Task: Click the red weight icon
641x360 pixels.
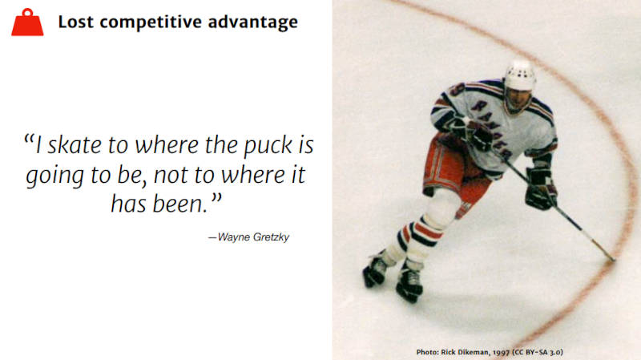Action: [x=27, y=22]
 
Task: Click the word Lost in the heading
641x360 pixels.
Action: [x=76, y=22]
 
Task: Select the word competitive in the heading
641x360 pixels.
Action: [x=151, y=23]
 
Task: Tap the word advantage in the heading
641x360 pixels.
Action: [x=252, y=23]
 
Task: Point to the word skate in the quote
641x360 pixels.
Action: [x=75, y=145]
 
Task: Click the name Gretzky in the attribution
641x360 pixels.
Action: [x=271, y=237]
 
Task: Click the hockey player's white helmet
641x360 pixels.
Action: [x=519, y=75]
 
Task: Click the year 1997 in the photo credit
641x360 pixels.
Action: [x=502, y=352]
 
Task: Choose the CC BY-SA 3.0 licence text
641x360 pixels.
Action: [x=538, y=352]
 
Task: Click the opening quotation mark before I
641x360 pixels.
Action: [x=29, y=138]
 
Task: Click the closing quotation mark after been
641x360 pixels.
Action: [x=216, y=198]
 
